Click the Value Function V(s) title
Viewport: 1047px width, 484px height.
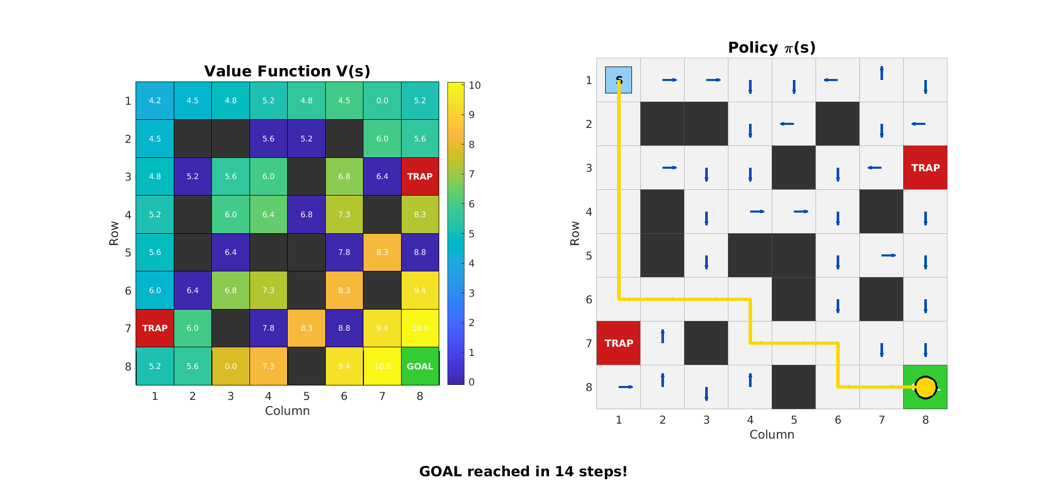pos(287,71)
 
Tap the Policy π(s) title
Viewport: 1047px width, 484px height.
pos(772,47)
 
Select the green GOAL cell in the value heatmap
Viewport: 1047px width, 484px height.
pos(420,366)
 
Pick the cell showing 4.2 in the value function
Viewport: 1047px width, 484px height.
pos(155,101)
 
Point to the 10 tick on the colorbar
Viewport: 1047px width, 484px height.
pos(475,85)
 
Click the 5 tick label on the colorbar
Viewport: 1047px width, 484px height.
pos(472,234)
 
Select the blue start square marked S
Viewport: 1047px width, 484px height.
pos(619,80)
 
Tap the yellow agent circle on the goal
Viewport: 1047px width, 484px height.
pos(925,388)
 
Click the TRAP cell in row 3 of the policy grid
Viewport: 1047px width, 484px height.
pos(925,168)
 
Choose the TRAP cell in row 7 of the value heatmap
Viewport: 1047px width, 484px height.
pos(155,328)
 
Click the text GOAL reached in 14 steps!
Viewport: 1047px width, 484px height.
pos(523,472)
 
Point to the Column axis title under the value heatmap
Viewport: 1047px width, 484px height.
pos(287,411)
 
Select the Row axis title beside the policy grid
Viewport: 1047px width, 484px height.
pos(575,233)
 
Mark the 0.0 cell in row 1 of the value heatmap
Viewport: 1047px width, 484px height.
pos(382,101)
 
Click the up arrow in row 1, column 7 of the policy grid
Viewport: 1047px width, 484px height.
pos(882,73)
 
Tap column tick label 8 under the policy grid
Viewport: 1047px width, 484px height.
pos(925,420)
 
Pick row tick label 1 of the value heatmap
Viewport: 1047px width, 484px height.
pos(128,101)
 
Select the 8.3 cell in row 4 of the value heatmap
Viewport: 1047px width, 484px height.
pos(420,215)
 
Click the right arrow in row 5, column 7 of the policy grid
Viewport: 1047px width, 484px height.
pos(889,255)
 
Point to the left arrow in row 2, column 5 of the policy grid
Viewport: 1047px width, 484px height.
pos(787,124)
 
